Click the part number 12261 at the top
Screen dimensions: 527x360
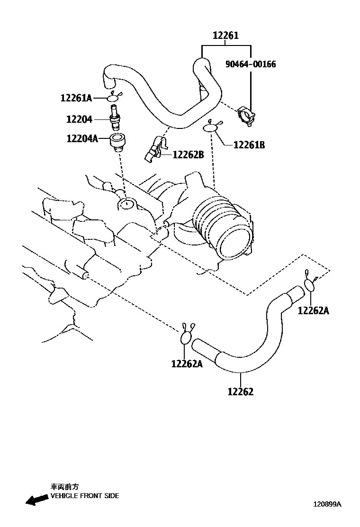click(225, 36)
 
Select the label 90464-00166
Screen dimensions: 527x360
click(251, 64)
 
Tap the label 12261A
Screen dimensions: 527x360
click(76, 98)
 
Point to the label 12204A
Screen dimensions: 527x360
click(82, 138)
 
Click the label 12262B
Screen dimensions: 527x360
click(188, 154)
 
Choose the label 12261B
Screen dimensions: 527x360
click(249, 145)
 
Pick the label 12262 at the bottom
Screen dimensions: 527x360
click(240, 391)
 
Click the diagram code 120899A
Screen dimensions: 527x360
click(326, 505)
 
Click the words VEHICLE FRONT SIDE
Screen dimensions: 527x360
click(85, 496)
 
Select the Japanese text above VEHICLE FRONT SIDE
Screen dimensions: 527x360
click(64, 486)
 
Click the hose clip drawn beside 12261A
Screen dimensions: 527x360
click(114, 98)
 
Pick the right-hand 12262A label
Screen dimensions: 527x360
click(313, 310)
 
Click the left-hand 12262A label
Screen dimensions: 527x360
click(187, 363)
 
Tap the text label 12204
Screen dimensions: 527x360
click(79, 119)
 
